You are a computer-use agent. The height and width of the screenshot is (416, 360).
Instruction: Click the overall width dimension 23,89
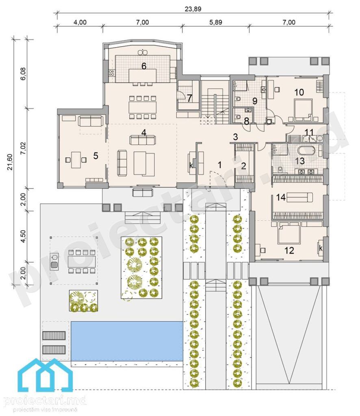(193, 9)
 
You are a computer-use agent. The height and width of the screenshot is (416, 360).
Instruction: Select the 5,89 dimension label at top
(216, 22)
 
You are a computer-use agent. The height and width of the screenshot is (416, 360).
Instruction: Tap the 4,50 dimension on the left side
(23, 236)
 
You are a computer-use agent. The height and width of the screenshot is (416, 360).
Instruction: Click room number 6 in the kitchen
(144, 66)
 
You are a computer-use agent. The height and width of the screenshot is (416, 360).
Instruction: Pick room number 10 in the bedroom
(299, 92)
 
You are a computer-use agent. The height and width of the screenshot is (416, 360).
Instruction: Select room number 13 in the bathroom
(300, 161)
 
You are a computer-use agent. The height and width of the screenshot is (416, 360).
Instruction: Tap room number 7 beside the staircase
(189, 98)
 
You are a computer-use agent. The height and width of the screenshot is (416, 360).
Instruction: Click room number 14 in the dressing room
(281, 197)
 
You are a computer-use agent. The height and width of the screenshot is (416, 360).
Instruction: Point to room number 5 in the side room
(95, 156)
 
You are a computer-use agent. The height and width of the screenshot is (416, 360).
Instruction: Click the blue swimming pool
(127, 341)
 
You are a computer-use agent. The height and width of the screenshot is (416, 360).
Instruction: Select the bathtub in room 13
(306, 151)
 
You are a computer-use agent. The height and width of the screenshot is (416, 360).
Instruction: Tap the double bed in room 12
(288, 233)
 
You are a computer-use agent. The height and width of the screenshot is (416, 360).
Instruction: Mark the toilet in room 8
(237, 117)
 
